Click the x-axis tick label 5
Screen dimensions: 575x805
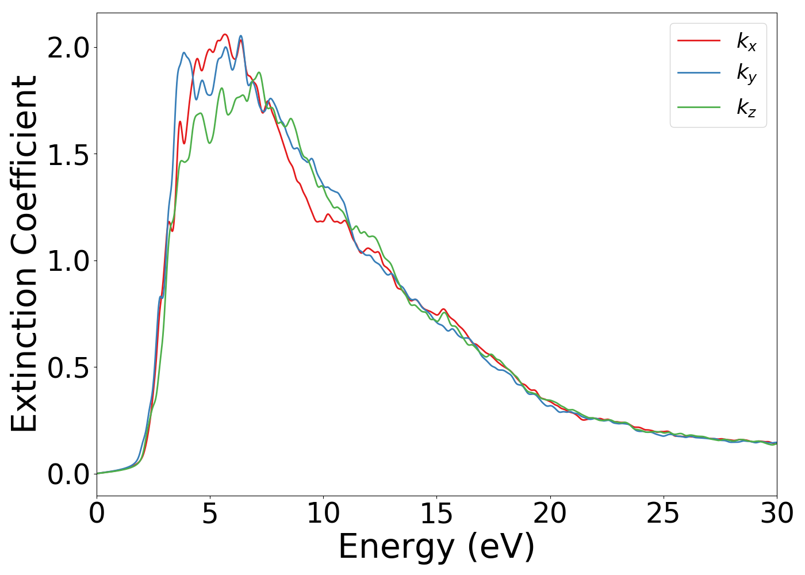210,513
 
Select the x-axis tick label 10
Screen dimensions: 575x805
323,513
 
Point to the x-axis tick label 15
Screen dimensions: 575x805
436,513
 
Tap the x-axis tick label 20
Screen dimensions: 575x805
550,513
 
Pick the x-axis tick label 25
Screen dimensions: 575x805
663,513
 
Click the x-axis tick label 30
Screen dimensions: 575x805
776,513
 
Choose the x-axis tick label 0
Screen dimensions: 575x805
97,513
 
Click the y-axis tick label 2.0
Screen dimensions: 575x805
68,48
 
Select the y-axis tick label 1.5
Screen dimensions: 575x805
68,155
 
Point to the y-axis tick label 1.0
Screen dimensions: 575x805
68,261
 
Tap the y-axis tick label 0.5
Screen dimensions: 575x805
68,368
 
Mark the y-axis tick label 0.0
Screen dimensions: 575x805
68,474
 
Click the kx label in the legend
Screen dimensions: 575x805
746,41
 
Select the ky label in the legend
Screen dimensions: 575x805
746,74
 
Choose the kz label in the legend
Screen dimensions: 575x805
746,108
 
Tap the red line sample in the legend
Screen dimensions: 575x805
699,40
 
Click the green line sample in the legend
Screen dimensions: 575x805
699,106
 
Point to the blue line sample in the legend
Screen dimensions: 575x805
699,73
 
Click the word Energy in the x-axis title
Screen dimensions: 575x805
399,547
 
